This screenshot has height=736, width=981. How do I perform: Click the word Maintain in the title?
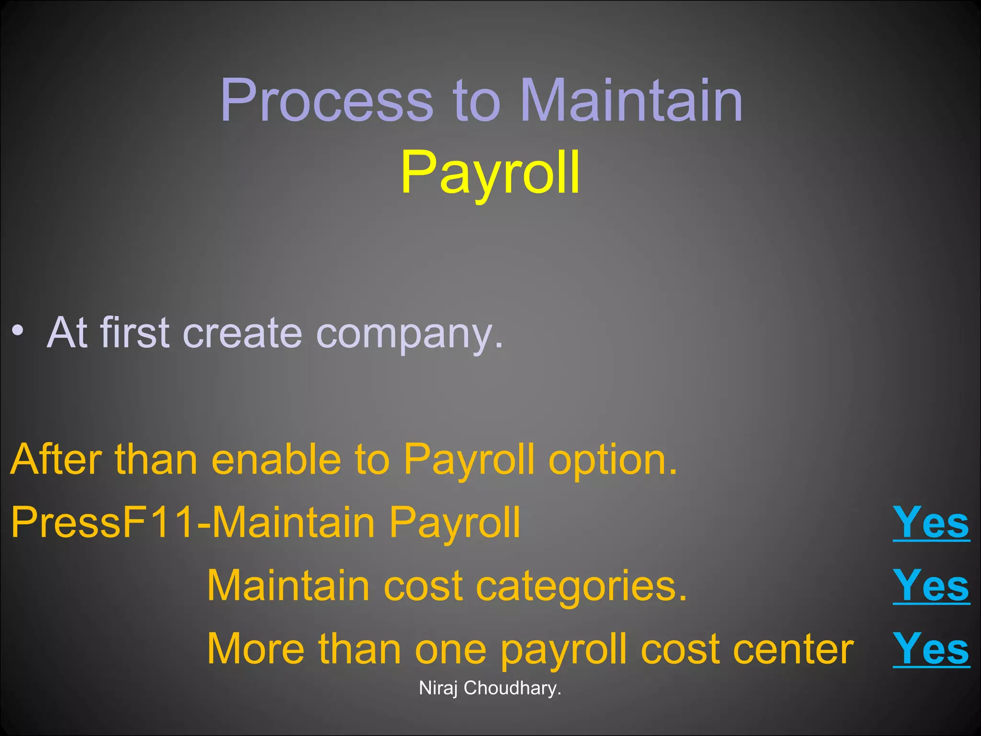click(x=631, y=101)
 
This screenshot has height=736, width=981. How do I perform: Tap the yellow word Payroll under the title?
click(x=490, y=173)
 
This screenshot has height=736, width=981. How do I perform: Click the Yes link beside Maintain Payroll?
click(x=931, y=523)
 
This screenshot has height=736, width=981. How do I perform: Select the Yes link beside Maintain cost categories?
click(x=931, y=586)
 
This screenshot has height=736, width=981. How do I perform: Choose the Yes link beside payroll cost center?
click(x=931, y=649)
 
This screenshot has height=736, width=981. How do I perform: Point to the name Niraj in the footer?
click(x=438, y=689)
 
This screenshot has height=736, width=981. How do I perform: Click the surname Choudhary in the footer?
click(x=512, y=689)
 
